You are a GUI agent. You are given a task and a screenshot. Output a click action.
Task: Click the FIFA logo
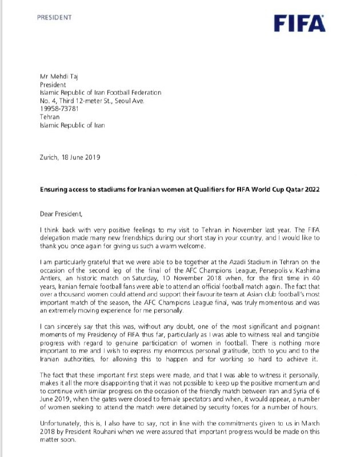(299, 23)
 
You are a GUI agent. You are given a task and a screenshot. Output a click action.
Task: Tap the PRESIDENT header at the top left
(54, 17)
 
